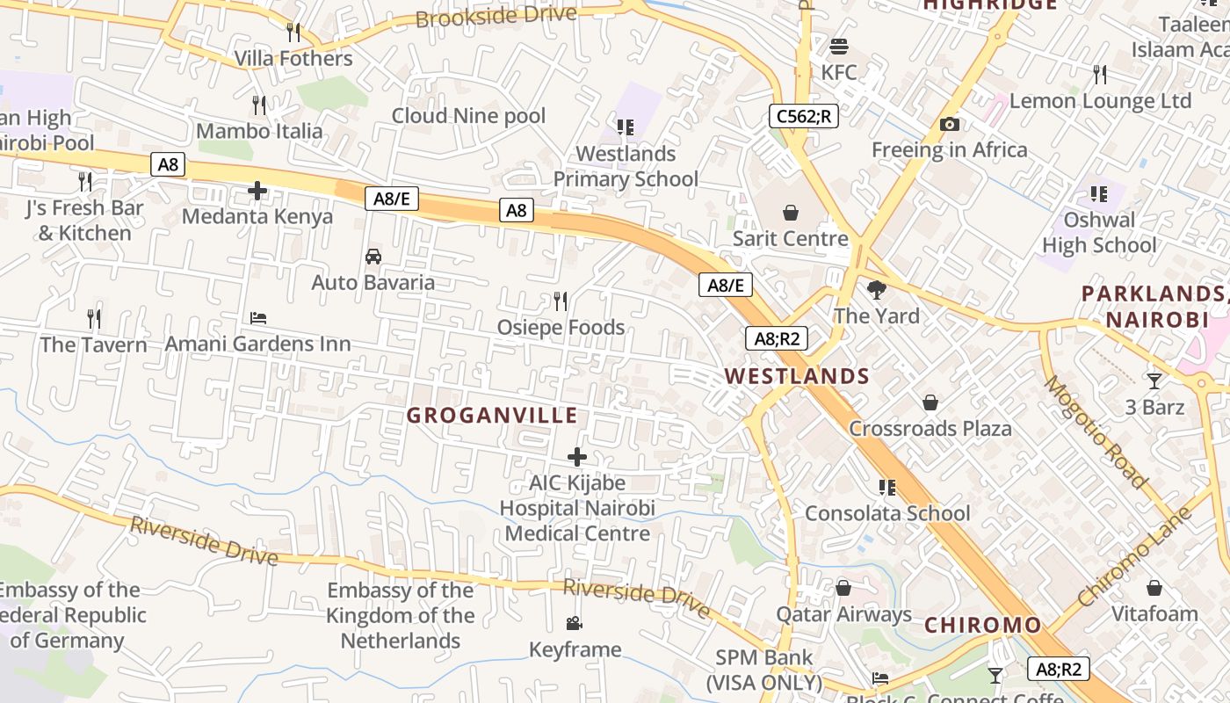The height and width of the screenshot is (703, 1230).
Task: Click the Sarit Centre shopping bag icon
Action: tap(791, 213)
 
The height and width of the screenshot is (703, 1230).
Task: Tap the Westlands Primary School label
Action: tap(626, 166)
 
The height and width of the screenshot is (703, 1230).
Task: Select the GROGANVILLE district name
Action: tap(492, 416)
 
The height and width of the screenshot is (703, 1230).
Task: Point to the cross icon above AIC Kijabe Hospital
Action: tap(577, 457)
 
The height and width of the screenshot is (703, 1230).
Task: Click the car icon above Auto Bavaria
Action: tap(373, 257)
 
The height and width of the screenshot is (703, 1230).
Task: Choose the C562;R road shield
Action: tap(803, 116)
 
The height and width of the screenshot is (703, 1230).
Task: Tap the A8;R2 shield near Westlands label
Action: tap(776, 338)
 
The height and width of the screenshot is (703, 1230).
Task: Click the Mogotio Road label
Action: tap(1095, 431)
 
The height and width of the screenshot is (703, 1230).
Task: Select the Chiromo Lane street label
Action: tap(1134, 556)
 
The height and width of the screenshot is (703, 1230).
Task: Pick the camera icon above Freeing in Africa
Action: tap(949, 125)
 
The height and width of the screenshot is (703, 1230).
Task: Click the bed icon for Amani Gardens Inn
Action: tap(258, 318)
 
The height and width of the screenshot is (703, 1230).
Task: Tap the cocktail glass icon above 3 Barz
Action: tap(1154, 381)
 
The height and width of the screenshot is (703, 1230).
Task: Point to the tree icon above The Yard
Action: tap(876, 290)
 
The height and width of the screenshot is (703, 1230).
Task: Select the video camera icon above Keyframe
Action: tap(575, 624)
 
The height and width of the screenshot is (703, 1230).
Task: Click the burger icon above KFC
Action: tap(839, 47)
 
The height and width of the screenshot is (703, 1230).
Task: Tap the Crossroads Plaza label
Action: tap(930, 429)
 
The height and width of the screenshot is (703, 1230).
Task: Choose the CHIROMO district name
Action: tap(982, 626)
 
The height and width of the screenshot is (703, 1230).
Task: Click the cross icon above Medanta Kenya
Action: tap(257, 191)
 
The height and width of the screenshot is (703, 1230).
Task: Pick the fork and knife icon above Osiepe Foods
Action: tap(561, 301)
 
